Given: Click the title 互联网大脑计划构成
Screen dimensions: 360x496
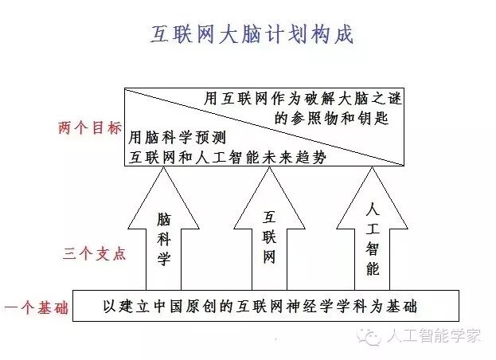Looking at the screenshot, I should [x=252, y=36].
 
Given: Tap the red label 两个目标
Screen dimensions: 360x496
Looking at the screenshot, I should [x=90, y=128].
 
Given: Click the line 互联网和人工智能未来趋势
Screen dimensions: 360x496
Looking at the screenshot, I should [x=227, y=156].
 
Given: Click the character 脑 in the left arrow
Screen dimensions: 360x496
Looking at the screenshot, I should [x=163, y=217].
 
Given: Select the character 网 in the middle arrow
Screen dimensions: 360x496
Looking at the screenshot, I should [x=269, y=257].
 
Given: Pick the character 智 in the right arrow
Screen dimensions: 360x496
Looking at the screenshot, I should [x=373, y=248].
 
